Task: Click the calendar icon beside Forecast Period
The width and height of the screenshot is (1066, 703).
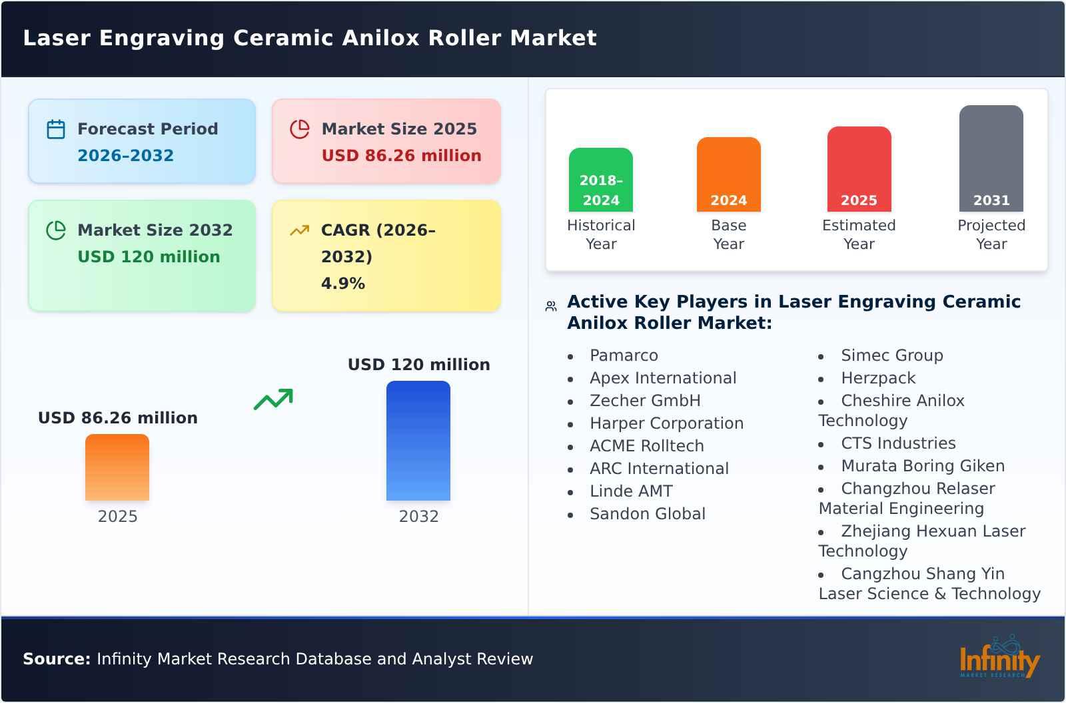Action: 56,129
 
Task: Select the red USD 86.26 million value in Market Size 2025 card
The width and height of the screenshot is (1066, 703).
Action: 401,156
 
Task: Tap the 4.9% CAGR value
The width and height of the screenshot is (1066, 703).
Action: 342,284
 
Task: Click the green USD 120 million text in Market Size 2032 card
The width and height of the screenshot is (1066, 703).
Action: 149,257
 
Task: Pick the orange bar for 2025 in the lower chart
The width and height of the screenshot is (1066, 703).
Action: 117,467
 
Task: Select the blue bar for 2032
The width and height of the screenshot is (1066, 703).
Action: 418,441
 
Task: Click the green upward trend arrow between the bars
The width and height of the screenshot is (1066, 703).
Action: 273,399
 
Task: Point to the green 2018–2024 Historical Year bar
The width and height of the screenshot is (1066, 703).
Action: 601,180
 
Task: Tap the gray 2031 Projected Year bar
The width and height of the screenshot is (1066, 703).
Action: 991,158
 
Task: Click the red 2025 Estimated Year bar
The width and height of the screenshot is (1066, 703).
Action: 859,169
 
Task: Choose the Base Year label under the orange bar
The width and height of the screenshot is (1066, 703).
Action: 729,234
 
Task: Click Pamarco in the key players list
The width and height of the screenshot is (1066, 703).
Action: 624,355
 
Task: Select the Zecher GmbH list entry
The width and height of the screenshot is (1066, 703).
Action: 645,401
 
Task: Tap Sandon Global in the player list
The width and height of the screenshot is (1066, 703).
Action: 647,514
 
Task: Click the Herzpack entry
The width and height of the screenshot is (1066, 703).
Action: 878,378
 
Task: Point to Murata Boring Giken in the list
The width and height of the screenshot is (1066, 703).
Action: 922,466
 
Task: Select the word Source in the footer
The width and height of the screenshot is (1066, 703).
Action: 56,659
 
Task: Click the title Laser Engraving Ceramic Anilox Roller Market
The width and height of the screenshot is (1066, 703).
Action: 310,38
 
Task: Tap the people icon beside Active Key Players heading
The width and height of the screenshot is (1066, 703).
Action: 551,306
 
